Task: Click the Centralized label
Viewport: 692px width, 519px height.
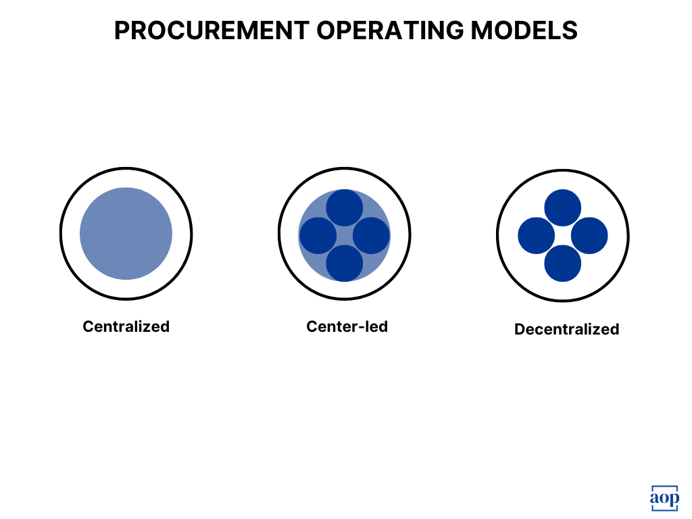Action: (x=126, y=326)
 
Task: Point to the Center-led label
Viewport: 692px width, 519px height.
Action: (x=347, y=326)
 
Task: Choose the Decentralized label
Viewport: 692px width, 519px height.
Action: (x=566, y=329)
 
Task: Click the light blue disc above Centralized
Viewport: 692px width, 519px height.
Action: (x=126, y=233)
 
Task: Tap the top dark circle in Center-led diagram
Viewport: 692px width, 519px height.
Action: (x=345, y=208)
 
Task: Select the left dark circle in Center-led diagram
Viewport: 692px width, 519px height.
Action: (x=318, y=236)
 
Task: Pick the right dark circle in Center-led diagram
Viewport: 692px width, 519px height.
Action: (x=371, y=236)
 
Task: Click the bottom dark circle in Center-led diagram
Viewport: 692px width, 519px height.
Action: (x=345, y=263)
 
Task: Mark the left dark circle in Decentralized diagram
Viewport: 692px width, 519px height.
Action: (x=537, y=236)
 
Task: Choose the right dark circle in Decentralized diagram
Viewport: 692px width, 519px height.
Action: (x=589, y=236)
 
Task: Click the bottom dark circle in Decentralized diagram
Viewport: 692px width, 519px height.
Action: (x=563, y=263)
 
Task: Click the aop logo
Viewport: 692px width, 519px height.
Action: (x=664, y=499)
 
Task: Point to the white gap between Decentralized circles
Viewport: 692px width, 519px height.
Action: (x=563, y=236)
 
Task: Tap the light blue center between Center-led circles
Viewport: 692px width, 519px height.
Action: (x=345, y=236)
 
